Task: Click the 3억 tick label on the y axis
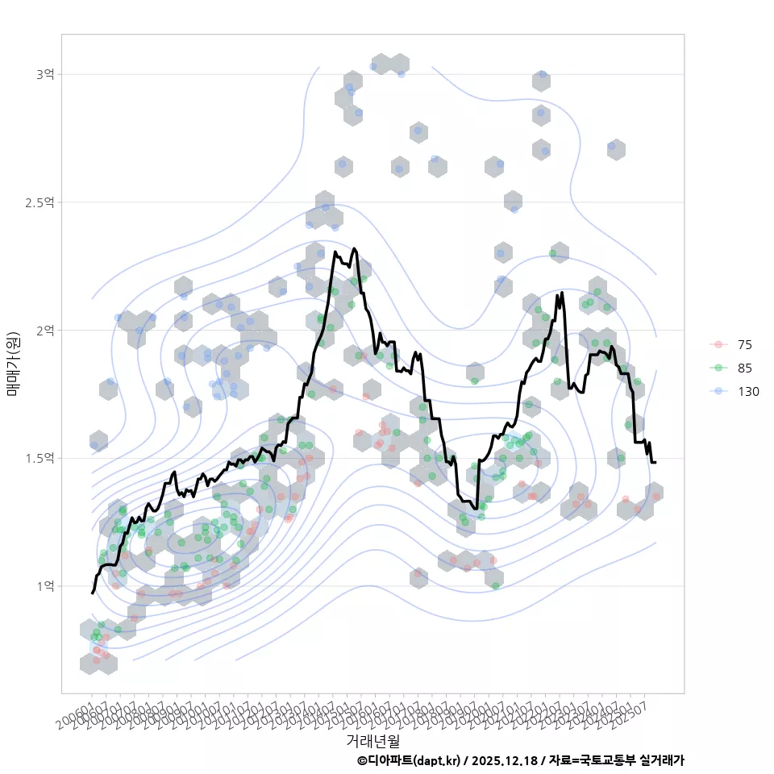click(45, 74)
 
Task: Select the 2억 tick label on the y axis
click(45, 330)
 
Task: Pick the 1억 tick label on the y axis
click(45, 586)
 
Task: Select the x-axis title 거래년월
click(372, 740)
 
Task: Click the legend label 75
click(745, 345)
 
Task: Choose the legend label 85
click(745, 368)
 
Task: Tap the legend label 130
click(747, 392)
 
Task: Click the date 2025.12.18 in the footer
click(504, 760)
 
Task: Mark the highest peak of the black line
click(354, 248)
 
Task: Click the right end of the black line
click(655, 462)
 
